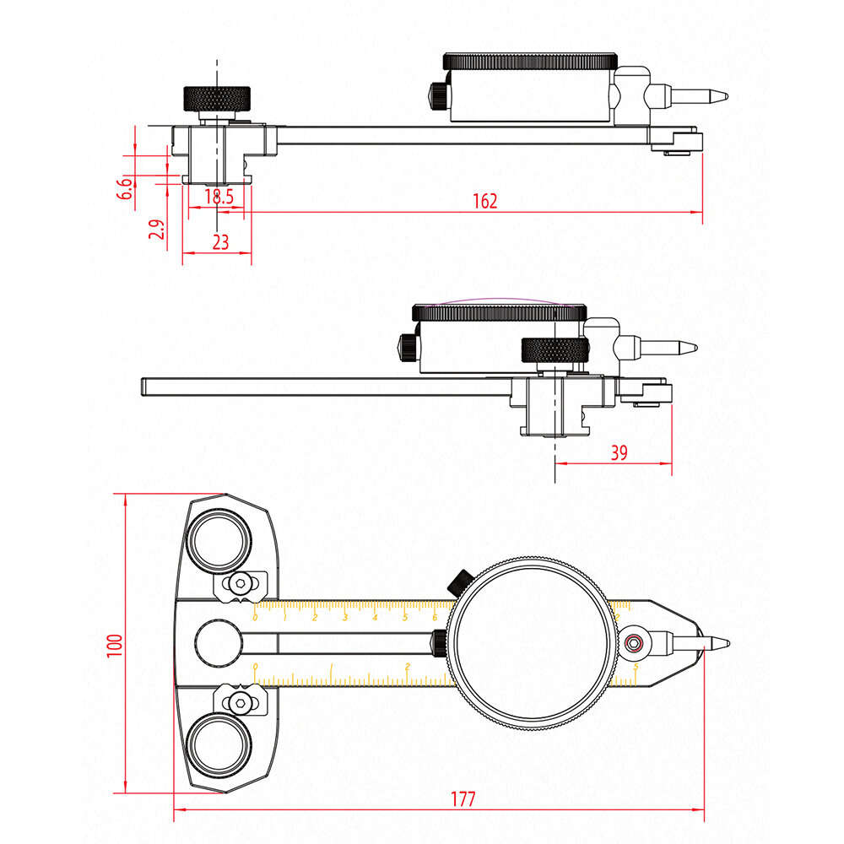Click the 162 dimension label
[x=485, y=201]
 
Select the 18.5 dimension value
[x=219, y=197]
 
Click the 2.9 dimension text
[x=156, y=230]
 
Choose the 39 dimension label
[x=619, y=453]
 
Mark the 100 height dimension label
[x=116, y=645]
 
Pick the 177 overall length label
[x=463, y=798]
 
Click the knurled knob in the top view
[x=217, y=98]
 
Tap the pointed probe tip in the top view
[x=717, y=96]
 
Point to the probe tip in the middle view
[x=688, y=346]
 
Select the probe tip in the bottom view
[x=719, y=644]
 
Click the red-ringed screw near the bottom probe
[x=635, y=644]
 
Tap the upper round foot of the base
[x=219, y=540]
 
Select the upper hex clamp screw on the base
[x=242, y=582]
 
